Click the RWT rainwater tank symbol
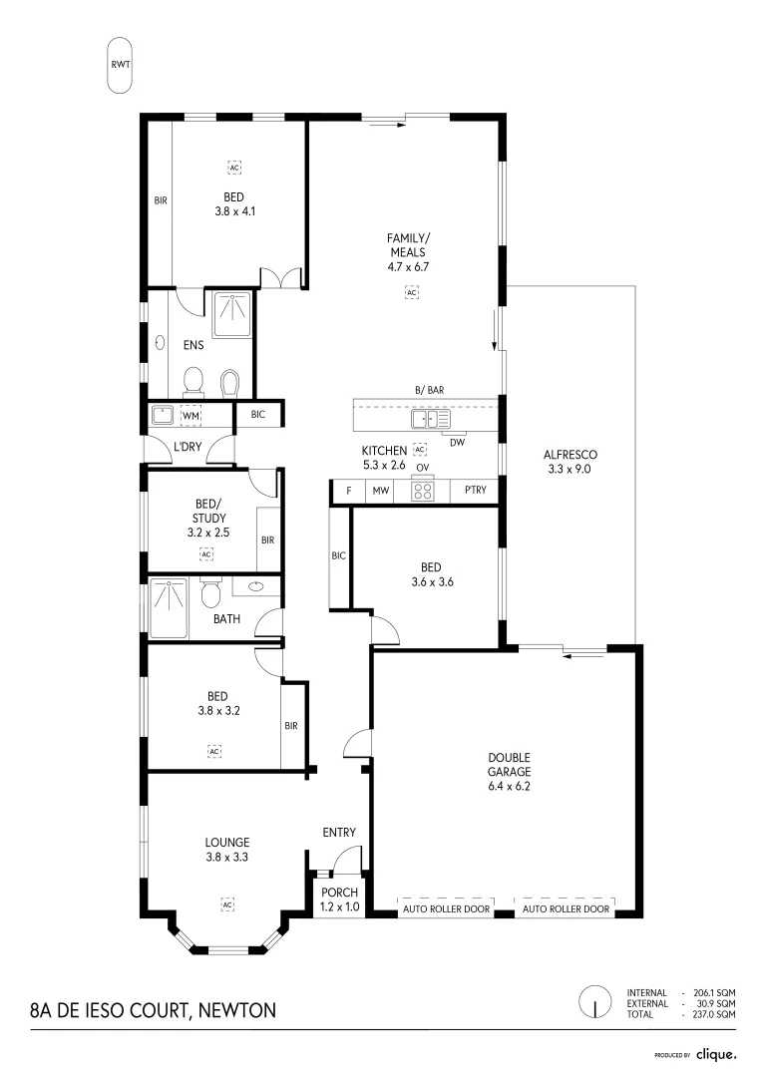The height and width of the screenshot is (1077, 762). (120, 65)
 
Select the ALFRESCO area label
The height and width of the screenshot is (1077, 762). (569, 461)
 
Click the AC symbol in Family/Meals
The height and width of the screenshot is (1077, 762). (410, 292)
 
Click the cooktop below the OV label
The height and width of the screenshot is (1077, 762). (423, 491)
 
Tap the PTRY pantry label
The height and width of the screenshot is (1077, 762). (475, 491)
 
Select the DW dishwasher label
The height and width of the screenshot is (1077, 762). (457, 442)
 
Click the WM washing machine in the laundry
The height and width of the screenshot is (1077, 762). (191, 415)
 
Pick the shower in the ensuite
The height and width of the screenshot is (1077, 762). (234, 318)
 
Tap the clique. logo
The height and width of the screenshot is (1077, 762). (716, 1053)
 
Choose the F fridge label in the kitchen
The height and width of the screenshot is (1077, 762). (349, 491)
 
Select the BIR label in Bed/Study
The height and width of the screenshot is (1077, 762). (267, 539)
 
